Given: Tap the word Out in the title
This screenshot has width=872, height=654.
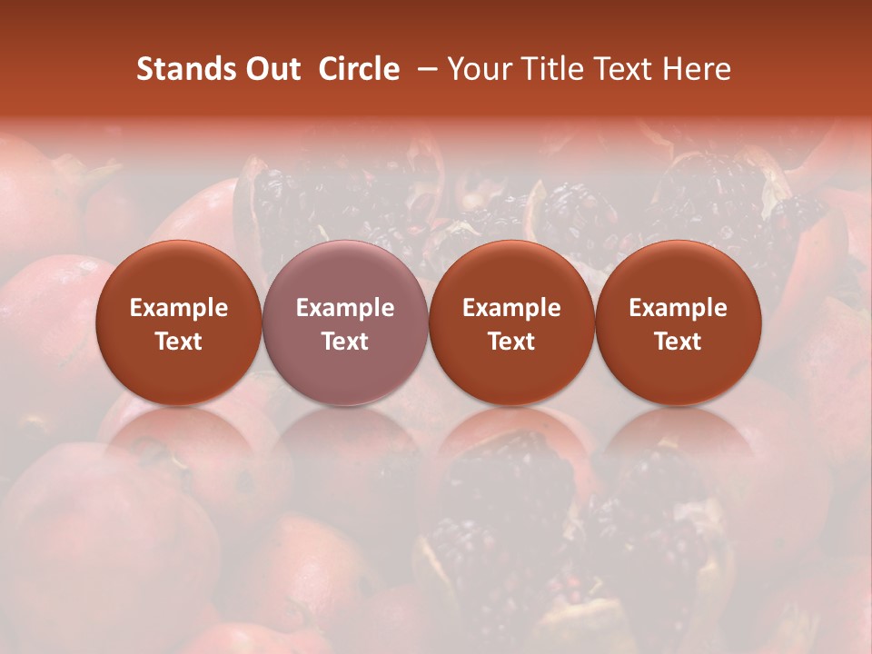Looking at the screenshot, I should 269,69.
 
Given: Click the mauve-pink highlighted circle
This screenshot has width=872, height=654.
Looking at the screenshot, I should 345,323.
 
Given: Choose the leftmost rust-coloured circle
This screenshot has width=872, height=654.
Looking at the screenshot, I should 179,323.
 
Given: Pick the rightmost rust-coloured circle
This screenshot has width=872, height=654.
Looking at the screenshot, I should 679,323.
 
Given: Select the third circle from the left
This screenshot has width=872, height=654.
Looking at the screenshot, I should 511,323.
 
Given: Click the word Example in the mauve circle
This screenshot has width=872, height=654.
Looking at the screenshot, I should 345,308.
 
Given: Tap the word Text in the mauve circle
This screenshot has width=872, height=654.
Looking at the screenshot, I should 345,342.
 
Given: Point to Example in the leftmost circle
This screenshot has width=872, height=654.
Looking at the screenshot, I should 179,308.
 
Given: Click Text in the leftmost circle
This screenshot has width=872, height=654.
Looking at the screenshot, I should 179,342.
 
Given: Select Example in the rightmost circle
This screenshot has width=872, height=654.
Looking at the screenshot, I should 679,308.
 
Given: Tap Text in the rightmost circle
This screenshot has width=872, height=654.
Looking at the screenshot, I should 679,342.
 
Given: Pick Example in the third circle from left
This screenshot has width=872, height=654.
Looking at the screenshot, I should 511,308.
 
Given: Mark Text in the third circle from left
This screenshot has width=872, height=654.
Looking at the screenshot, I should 511,342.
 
